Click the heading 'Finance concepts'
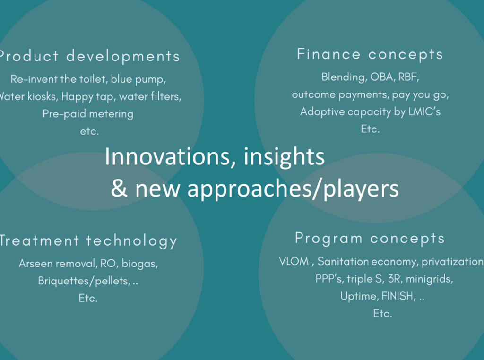(370, 55)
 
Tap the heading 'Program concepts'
(370, 239)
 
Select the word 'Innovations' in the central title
(167, 157)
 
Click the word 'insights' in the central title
(284, 157)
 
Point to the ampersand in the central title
(119, 188)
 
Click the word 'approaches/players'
(293, 189)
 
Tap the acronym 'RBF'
(408, 77)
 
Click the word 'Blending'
(344, 77)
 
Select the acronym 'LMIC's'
(424, 111)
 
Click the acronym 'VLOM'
(294, 261)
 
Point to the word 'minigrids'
(429, 279)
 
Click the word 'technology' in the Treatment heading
(131, 241)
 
